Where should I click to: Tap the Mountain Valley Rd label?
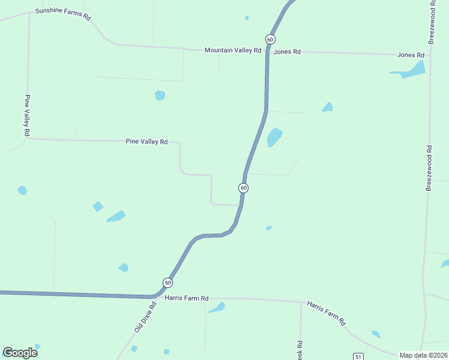(x=232, y=50)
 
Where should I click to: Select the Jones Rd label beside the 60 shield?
(x=287, y=52)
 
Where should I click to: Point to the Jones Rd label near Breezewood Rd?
(x=411, y=55)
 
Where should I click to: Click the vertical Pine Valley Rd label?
(x=27, y=115)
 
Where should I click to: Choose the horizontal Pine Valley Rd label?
(x=146, y=142)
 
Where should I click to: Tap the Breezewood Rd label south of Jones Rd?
(x=429, y=169)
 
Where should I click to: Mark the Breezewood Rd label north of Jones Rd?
(x=432, y=22)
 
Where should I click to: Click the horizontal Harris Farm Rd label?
(x=186, y=298)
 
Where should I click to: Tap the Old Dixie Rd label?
(x=145, y=317)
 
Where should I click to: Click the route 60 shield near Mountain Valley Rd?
(x=271, y=39)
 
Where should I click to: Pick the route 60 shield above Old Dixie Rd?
(x=167, y=283)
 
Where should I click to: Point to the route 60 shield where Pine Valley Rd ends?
(x=243, y=188)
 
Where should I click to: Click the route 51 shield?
(x=358, y=356)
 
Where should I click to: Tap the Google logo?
(x=20, y=353)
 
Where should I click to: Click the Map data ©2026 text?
(x=423, y=355)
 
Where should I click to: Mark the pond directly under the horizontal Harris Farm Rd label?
(x=216, y=308)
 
